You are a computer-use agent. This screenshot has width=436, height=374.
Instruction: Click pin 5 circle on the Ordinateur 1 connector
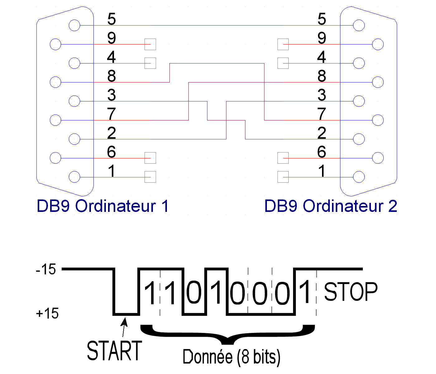point(74,25)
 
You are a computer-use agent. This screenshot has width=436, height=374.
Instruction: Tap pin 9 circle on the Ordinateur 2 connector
point(378,44)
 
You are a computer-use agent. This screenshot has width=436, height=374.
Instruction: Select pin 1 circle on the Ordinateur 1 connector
point(74,177)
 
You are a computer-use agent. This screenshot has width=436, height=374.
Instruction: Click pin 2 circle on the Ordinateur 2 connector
point(359,139)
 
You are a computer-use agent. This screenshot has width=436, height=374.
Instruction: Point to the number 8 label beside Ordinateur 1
point(111,76)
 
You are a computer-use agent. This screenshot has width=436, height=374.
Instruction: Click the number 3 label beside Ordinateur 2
point(322,95)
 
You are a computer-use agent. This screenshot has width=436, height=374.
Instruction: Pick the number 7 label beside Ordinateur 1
point(111,114)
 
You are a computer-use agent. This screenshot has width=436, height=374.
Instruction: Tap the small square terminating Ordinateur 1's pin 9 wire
point(150,44)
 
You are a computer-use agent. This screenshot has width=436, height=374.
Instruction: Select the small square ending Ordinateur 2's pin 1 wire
point(283,177)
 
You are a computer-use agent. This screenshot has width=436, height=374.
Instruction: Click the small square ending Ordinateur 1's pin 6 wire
point(150,158)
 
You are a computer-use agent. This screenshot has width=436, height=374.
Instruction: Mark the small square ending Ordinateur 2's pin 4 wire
point(283,63)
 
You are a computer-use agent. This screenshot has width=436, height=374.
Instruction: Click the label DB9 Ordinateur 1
point(102,206)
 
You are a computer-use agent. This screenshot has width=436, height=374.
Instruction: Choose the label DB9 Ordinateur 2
point(330,206)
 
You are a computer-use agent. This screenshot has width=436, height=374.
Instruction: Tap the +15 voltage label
point(47,313)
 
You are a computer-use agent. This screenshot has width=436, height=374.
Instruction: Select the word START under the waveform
point(114,351)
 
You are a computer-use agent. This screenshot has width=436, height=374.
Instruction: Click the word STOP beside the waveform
point(351,292)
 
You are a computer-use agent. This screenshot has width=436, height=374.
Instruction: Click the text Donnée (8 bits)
point(231,357)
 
